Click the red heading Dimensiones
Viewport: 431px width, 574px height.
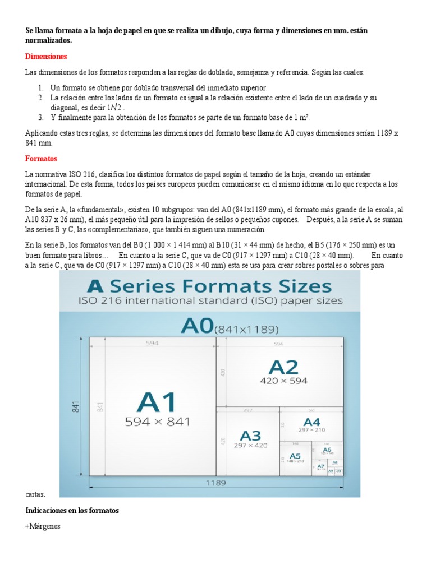(47, 57)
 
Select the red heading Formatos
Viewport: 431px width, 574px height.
(42, 159)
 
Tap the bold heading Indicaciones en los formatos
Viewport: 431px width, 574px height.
(72, 511)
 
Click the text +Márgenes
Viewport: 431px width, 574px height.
(43, 526)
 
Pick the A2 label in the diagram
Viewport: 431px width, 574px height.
(284, 367)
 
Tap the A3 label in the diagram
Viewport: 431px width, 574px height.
(251, 435)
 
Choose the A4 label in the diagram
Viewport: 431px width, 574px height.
(311, 422)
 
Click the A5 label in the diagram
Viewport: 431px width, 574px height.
(295, 456)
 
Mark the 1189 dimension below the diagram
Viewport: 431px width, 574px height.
(215, 482)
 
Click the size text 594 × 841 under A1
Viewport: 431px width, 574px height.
(157, 422)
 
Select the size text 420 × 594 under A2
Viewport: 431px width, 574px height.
(284, 381)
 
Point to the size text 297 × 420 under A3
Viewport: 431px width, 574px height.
(251, 446)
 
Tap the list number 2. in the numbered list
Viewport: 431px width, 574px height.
(41, 98)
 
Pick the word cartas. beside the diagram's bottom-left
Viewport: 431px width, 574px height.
(35, 494)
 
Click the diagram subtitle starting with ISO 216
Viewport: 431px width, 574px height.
(210, 301)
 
